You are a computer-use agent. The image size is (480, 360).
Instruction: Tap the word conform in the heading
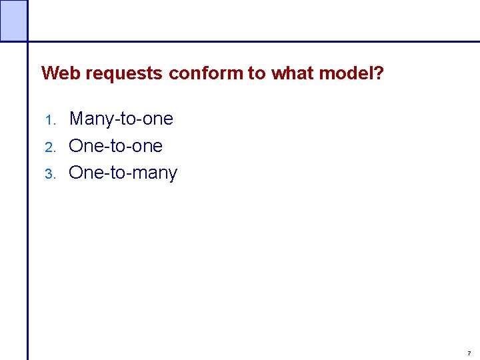coord(206,73)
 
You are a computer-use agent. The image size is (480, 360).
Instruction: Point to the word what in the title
coord(292,73)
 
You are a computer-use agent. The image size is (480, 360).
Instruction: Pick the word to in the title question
coord(257,73)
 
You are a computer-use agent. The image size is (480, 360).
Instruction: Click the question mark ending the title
coord(379,73)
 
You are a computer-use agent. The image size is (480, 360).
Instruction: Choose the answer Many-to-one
coord(121,119)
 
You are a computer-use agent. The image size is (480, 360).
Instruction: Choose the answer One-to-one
coord(115,146)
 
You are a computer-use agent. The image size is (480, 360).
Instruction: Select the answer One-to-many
coord(123,173)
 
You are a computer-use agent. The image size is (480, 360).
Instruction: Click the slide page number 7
coord(469,353)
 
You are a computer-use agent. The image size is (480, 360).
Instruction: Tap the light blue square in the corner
coord(13,20)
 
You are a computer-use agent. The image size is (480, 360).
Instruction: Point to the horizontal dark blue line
coord(253,41)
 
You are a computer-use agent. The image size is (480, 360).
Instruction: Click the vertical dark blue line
coord(28,200)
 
